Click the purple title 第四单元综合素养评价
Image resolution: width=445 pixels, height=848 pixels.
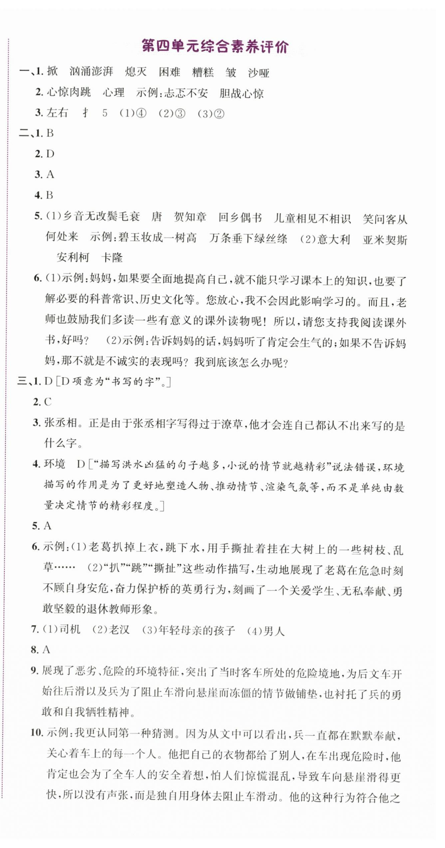(215, 47)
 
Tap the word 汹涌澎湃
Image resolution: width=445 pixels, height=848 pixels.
(91, 72)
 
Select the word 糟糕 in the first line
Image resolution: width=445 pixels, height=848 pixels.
(203, 72)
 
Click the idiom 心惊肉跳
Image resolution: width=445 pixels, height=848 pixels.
(69, 93)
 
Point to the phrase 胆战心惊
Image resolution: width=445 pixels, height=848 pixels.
(241, 94)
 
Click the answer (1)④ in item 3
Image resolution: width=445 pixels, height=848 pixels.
(133, 113)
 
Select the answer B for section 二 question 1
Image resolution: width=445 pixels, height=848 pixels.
(50, 133)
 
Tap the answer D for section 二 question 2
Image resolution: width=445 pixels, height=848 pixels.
(50, 154)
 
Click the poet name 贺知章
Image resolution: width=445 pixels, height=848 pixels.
(190, 217)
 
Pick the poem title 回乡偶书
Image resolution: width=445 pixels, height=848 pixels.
(240, 218)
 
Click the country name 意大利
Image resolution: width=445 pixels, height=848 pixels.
(333, 239)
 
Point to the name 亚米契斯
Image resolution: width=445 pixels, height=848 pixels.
(385, 240)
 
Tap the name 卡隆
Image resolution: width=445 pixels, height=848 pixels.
(112, 257)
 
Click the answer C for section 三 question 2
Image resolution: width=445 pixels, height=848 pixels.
(48, 402)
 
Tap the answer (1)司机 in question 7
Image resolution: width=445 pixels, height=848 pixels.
(61, 629)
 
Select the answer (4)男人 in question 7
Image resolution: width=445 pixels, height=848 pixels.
(266, 630)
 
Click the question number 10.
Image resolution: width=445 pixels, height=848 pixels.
(37, 733)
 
